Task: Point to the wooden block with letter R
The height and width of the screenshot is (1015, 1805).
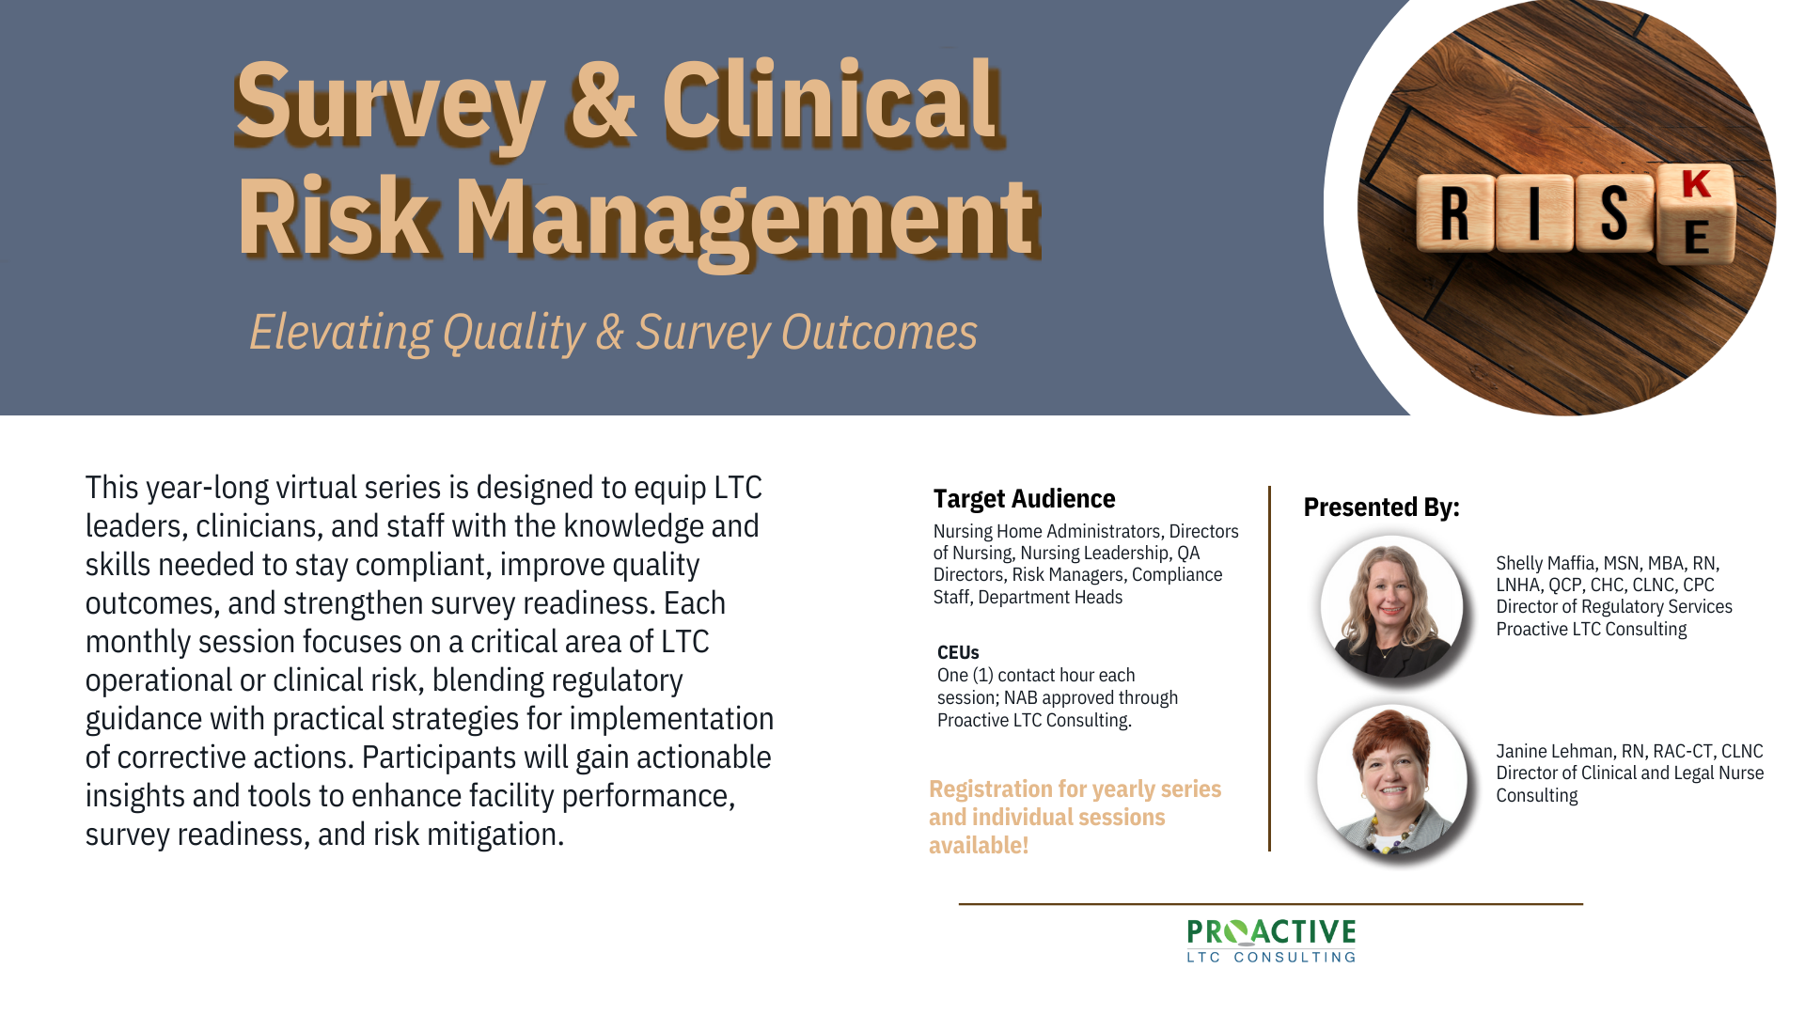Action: tap(1454, 212)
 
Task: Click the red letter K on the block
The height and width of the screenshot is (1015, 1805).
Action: tap(1696, 184)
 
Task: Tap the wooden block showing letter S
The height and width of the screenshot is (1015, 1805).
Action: tap(1614, 212)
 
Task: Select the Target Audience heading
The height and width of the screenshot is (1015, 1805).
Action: tap(1024, 499)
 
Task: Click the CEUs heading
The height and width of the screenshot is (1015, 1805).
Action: tap(958, 652)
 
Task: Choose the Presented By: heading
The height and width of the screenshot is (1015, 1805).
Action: tap(1381, 507)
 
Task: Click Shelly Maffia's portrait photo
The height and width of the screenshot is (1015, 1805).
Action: tap(1391, 607)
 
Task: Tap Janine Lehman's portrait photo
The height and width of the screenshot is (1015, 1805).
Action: tap(1391, 779)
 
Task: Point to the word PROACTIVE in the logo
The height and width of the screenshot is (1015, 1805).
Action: tap(1271, 932)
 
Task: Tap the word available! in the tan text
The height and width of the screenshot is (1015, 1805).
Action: tap(979, 845)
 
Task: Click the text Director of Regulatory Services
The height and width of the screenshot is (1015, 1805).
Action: tap(1614, 607)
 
